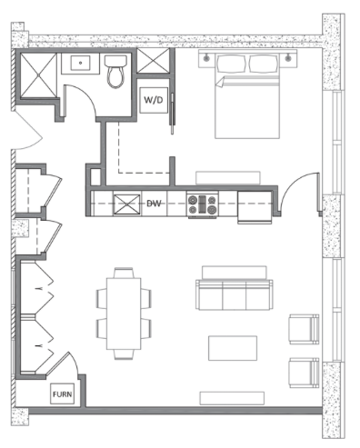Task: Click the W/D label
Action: pyautogui.click(x=154, y=100)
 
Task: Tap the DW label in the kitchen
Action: pyautogui.click(x=154, y=204)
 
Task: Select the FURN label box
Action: pyautogui.click(x=62, y=393)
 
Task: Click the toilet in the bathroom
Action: pyautogui.click(x=115, y=72)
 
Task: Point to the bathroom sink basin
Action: pyautogui.click(x=80, y=63)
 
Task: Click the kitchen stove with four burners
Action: pyautogui.click(x=203, y=204)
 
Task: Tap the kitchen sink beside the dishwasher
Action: pyautogui.click(x=127, y=204)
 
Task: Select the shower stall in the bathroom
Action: pyautogui.click(x=38, y=75)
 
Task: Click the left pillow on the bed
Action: pyautogui.click(x=231, y=64)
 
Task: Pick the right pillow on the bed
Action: pyautogui.click(x=263, y=64)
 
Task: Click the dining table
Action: pyautogui.click(x=124, y=314)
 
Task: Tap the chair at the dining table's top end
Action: pyautogui.click(x=124, y=273)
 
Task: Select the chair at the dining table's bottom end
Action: pyautogui.click(x=124, y=354)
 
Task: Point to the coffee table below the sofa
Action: pyautogui.click(x=233, y=348)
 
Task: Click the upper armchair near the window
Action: pyautogui.click(x=304, y=329)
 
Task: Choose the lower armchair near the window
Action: pyautogui.click(x=304, y=373)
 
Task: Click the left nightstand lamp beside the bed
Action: pyautogui.click(x=206, y=57)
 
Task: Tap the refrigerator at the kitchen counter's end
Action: pyautogui.click(x=255, y=207)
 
